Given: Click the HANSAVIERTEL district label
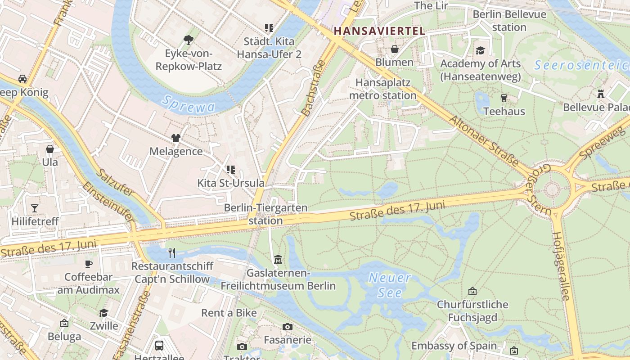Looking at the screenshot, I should pyautogui.click(x=380, y=31).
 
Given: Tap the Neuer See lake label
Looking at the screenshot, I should pyautogui.click(x=389, y=285).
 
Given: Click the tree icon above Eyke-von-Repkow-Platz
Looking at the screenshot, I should pyautogui.click(x=189, y=40).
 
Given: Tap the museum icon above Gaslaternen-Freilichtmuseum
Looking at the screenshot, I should pyautogui.click(x=278, y=260).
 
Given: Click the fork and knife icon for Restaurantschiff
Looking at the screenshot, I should pyautogui.click(x=171, y=252).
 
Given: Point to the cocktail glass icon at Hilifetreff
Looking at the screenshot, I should pyautogui.click(x=35, y=208).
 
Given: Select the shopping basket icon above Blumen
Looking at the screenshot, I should pyautogui.click(x=394, y=49).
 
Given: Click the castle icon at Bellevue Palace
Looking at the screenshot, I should pyautogui.click(x=600, y=94).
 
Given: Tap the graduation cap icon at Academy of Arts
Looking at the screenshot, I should pyautogui.click(x=480, y=50).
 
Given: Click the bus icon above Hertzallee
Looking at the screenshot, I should pyautogui.click(x=159, y=345).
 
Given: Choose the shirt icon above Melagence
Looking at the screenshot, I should pyautogui.click(x=175, y=138).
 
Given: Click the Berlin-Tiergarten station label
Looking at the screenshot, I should pyautogui.click(x=265, y=214).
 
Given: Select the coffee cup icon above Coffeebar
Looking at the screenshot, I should pyautogui.click(x=88, y=264).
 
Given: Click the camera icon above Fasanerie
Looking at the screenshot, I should pyautogui.click(x=287, y=327).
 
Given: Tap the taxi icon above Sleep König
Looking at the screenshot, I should pyautogui.click(x=22, y=79).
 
